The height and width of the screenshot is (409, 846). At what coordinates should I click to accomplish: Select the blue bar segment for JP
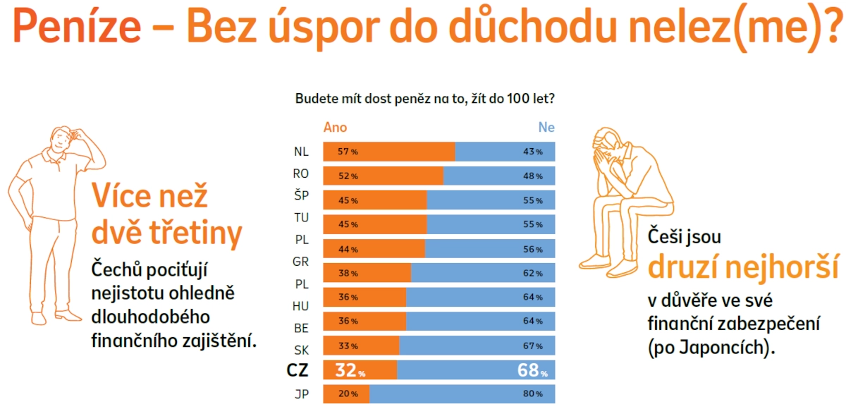coord(462,393)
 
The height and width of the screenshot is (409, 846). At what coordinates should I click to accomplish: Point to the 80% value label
coord(534,393)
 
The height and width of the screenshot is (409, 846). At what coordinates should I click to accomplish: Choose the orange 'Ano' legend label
coord(336,128)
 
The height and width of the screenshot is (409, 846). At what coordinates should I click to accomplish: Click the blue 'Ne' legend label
coord(546,128)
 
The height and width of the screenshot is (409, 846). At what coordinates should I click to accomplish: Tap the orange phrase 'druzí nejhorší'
coord(743,268)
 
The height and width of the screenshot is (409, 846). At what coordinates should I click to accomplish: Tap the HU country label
coord(300,306)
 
